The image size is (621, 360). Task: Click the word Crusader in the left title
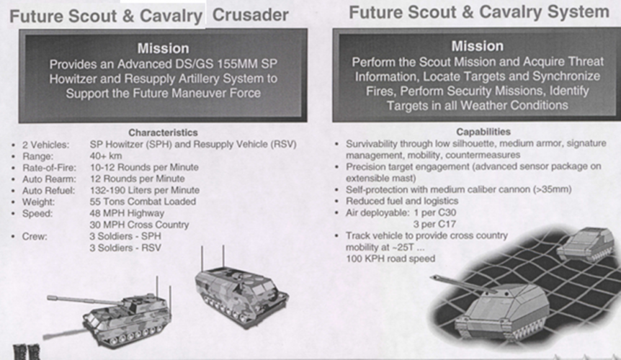pos(250,15)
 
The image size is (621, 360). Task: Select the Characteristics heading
pos(163,132)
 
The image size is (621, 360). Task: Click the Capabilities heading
pos(483,132)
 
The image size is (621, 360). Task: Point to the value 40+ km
pos(106,156)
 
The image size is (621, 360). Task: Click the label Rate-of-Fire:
pos(49,168)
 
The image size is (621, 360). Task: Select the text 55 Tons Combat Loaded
pos(143,202)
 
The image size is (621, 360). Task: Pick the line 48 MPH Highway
pos(127,213)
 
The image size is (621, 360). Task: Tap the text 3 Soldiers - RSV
pos(125,248)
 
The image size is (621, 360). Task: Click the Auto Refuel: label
pos(48,191)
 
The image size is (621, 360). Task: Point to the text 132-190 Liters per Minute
pos(145,190)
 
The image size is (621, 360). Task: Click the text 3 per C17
pos(434,225)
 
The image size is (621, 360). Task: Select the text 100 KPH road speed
pos(390,258)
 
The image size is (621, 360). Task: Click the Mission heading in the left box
pos(163,48)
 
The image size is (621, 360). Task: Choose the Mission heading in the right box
pos(477,46)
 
